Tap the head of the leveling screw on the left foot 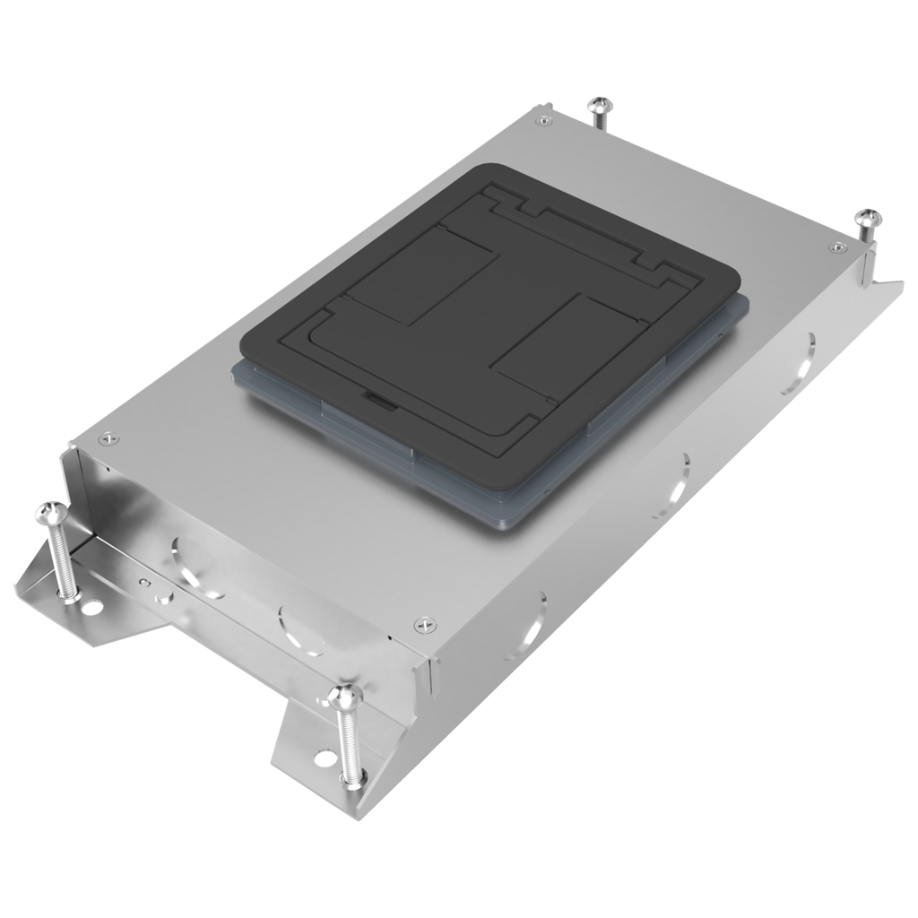point(50,514)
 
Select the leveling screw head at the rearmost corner point(600,106)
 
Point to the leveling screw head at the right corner point(867,217)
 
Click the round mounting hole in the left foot point(91,608)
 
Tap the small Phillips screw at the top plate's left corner point(108,438)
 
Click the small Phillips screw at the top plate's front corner point(423,624)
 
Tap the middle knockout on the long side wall point(673,485)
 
